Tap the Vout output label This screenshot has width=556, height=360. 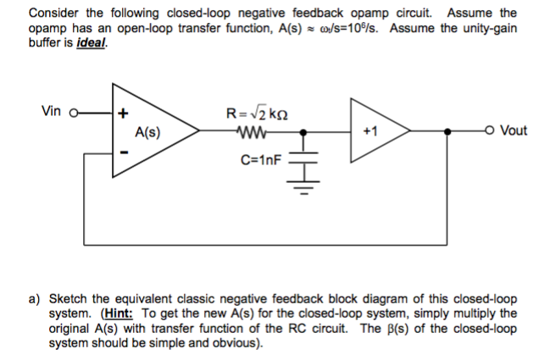[514, 130]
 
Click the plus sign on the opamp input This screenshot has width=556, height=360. [124, 113]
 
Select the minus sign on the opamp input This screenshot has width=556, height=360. [124, 152]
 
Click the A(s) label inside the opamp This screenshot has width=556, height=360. [149, 132]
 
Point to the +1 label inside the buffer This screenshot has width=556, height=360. [370, 131]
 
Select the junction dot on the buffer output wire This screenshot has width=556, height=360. [447, 131]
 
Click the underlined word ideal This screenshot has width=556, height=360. [92, 43]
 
